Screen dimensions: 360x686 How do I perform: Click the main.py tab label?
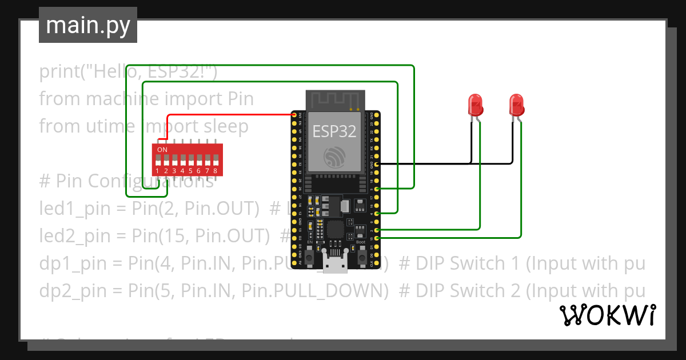coord(87,25)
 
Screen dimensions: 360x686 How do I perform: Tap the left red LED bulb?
coord(476,105)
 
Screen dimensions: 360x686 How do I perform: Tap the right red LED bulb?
coord(517,105)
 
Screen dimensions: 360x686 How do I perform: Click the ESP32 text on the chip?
coord(334,131)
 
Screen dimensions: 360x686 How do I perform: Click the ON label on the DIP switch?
coord(162,150)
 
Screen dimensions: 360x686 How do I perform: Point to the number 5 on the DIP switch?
coord(190,171)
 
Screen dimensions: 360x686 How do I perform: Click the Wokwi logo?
coord(607,315)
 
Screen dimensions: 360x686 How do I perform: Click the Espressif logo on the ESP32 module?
coord(334,156)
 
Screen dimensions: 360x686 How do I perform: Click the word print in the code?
coord(59,72)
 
